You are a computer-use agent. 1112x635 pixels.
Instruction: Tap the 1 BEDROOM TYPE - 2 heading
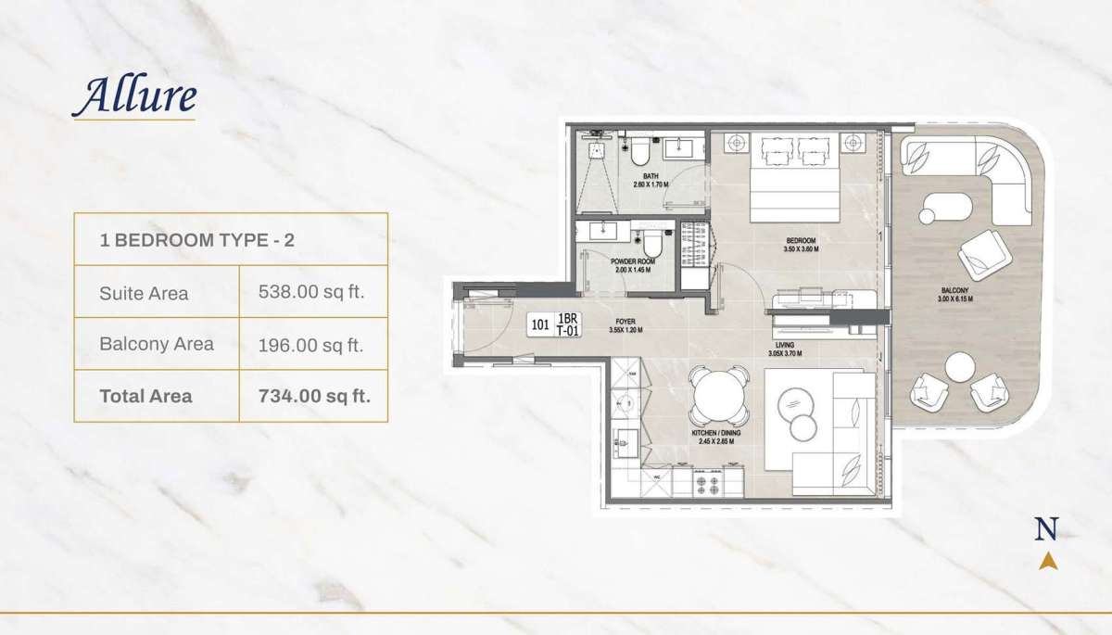197,240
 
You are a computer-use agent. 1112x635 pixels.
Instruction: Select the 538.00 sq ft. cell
312,292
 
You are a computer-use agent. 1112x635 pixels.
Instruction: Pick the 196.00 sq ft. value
312,344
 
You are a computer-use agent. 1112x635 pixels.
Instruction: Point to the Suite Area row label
144,293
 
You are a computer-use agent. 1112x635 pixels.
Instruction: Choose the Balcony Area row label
157,344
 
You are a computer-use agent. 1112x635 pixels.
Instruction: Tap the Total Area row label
146,396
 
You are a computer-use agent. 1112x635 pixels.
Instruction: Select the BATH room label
651,177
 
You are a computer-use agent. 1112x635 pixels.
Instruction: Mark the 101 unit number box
540,325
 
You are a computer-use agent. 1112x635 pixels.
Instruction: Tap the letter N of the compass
1046,529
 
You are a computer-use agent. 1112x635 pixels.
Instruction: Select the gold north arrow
1047,559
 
